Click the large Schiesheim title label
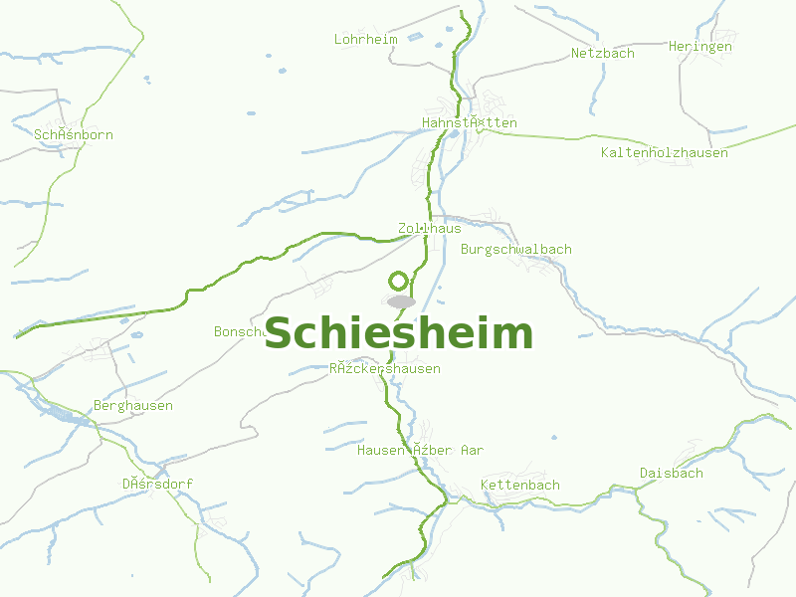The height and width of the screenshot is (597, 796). (398, 333)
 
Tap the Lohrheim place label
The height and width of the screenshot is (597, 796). (365, 40)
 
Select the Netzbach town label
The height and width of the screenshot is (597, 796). (602, 54)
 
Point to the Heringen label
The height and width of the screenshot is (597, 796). (699, 47)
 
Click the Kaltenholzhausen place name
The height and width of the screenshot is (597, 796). (664, 153)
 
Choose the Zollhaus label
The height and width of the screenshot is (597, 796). (429, 228)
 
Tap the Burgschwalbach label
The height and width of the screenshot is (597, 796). (515, 249)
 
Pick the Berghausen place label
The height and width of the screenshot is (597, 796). (132, 406)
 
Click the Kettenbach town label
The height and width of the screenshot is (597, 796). (519, 486)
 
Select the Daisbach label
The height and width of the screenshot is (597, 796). (671, 474)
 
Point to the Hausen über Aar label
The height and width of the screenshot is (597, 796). (420, 451)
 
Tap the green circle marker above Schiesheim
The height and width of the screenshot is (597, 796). (399, 281)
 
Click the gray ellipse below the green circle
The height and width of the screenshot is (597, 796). (401, 301)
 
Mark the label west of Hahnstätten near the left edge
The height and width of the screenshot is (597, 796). (74, 135)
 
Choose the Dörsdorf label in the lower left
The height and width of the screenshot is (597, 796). (157, 485)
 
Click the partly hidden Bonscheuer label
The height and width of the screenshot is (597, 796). (237, 331)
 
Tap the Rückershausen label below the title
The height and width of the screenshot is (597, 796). (384, 369)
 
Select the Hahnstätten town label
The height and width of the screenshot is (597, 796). (470, 123)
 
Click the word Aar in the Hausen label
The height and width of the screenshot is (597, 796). (472, 451)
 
